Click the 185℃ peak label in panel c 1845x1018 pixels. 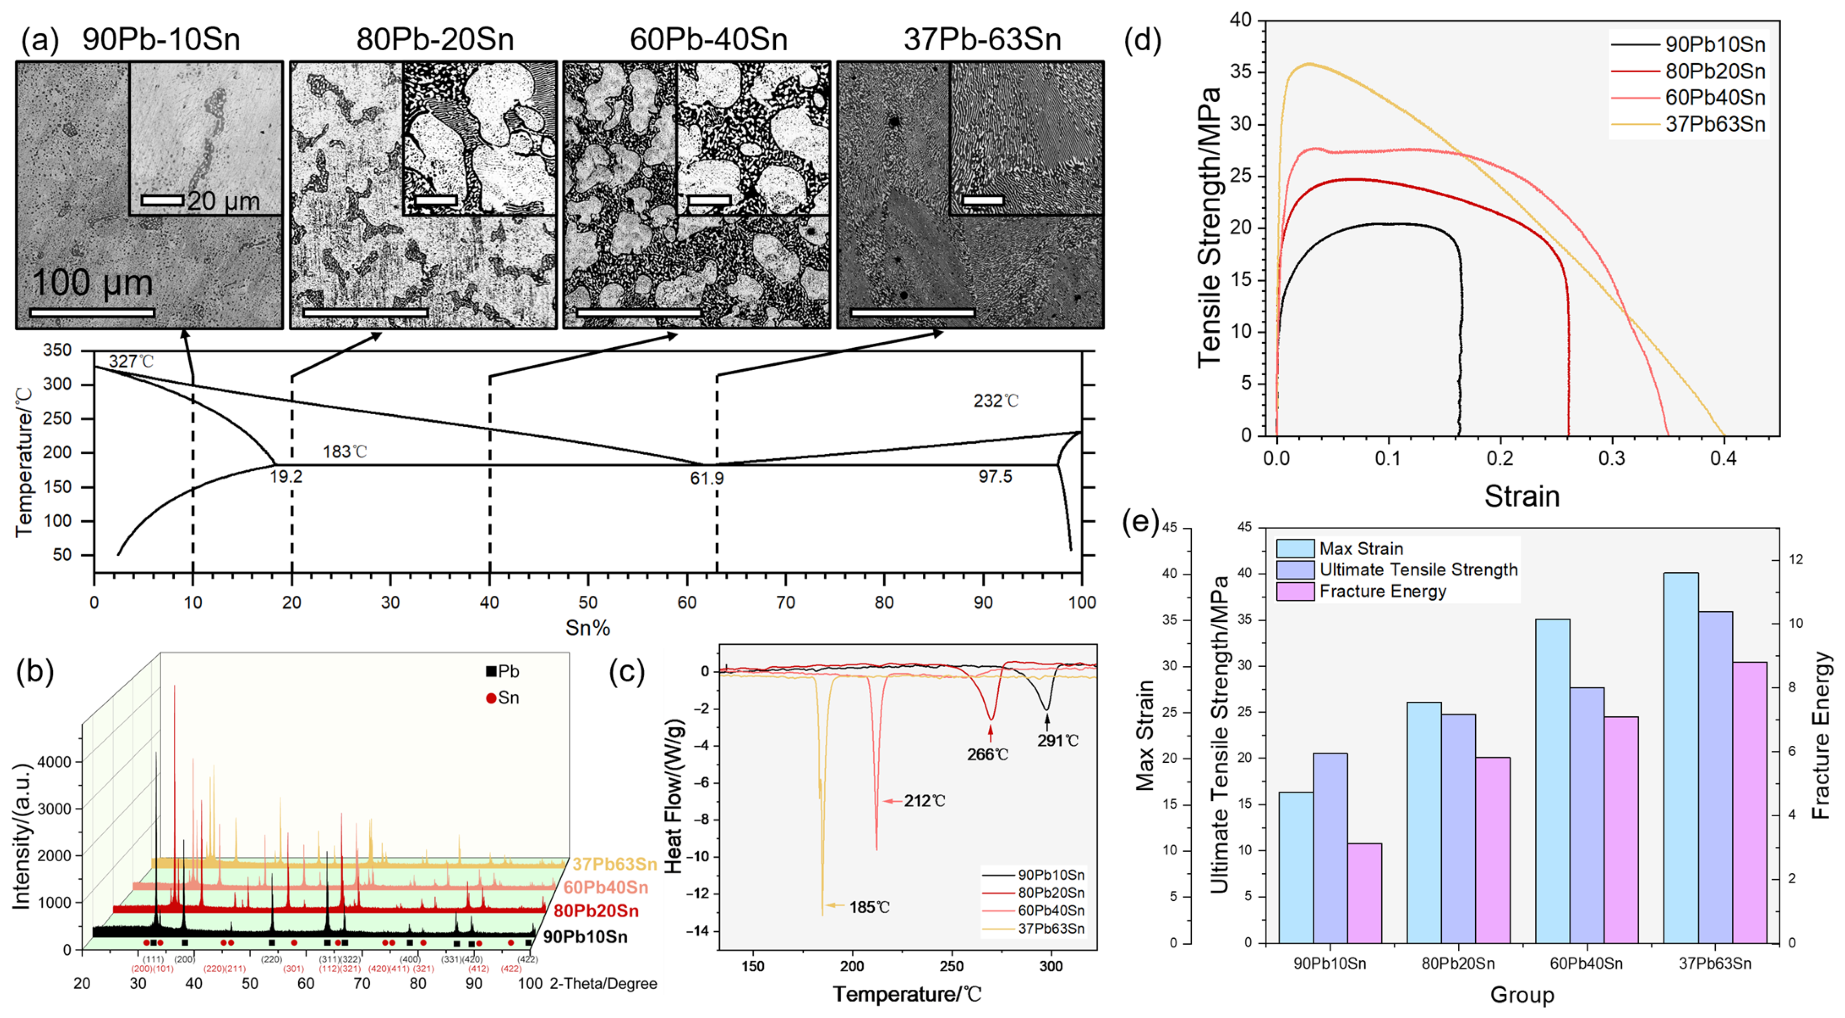click(869, 907)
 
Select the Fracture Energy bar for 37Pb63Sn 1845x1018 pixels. click(1750, 802)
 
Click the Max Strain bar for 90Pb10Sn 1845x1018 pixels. click(1296, 867)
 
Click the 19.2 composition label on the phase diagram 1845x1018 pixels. click(286, 476)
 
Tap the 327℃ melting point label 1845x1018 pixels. click(131, 361)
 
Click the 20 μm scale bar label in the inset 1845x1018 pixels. click(223, 201)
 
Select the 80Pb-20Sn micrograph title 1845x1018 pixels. click(435, 39)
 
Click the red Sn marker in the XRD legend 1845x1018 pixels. click(491, 698)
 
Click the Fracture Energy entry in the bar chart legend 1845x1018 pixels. click(1382, 591)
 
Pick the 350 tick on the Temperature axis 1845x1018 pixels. click(58, 350)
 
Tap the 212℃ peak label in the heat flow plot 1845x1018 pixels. click(924, 800)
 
